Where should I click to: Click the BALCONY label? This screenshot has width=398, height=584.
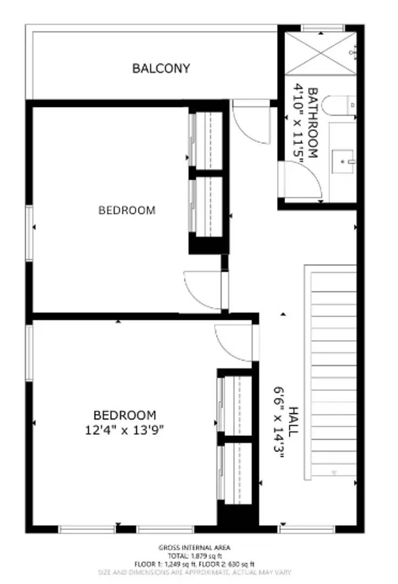point(161,69)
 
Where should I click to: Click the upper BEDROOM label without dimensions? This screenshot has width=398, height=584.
point(127,210)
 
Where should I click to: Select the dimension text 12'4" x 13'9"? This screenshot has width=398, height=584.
point(125,430)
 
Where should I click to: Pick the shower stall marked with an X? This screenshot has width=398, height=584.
point(320,53)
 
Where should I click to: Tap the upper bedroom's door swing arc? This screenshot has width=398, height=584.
point(202,290)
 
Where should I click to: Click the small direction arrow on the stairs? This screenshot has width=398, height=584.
point(334,473)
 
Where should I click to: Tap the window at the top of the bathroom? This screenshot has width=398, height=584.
point(322,28)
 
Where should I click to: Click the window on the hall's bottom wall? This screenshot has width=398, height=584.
point(307,529)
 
